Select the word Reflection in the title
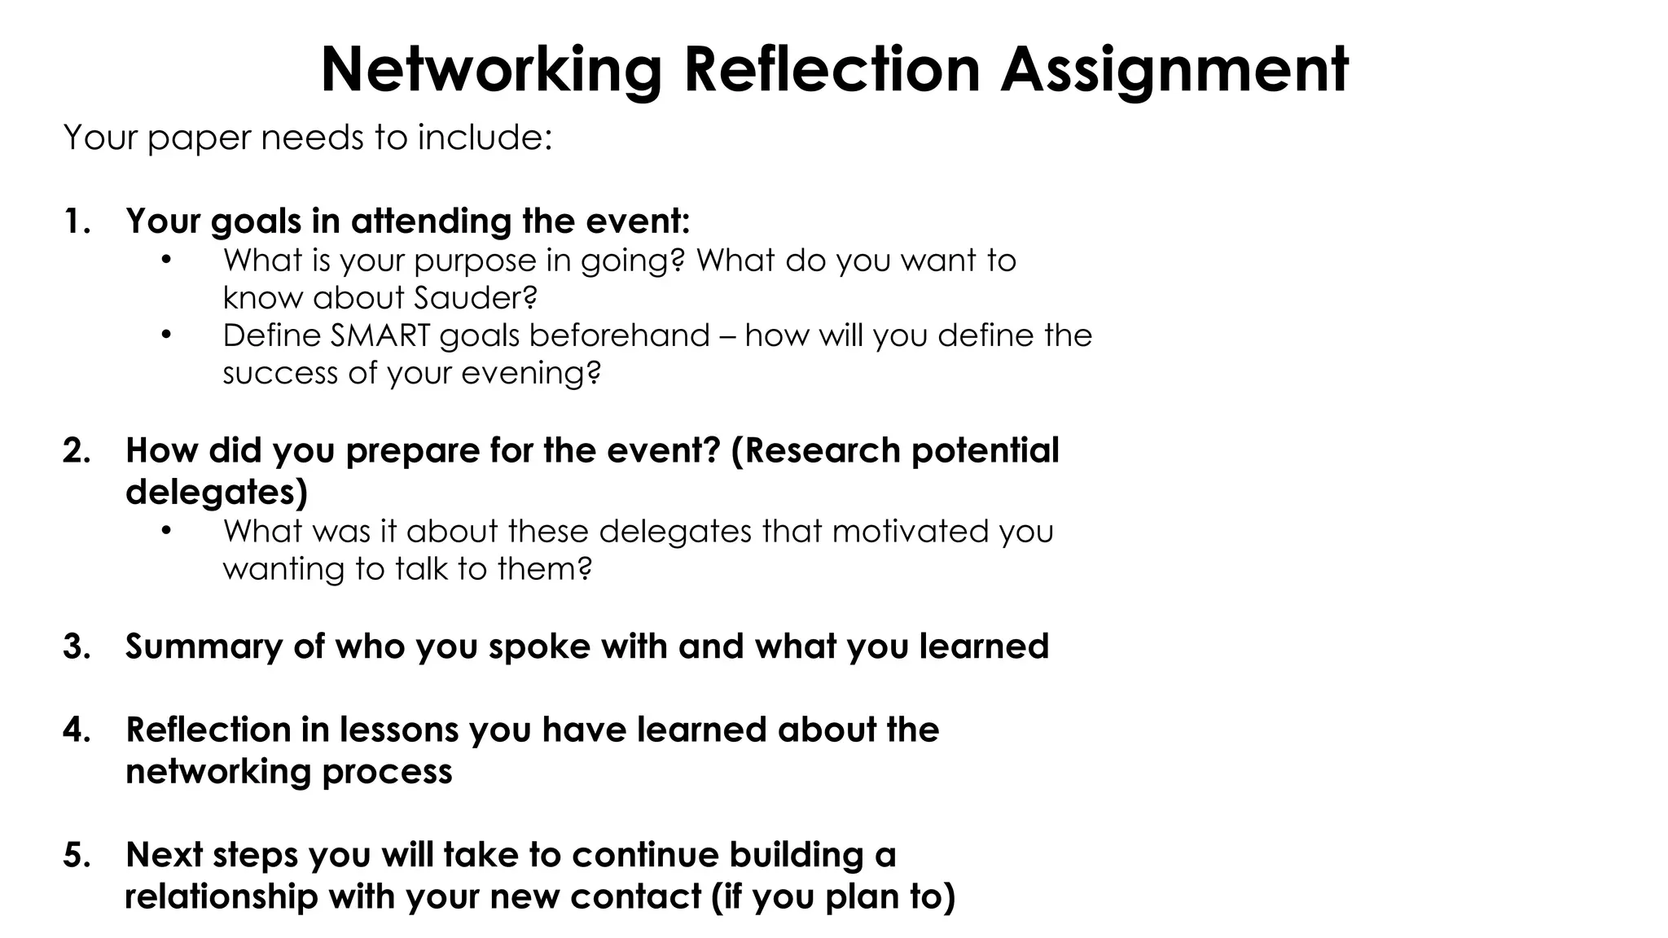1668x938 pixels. tap(832, 70)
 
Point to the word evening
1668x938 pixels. tap(530, 374)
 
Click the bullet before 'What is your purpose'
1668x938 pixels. tap(166, 261)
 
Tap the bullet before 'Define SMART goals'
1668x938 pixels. tap(166, 335)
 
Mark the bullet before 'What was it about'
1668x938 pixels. tap(166, 531)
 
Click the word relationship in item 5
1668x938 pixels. tap(221, 897)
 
